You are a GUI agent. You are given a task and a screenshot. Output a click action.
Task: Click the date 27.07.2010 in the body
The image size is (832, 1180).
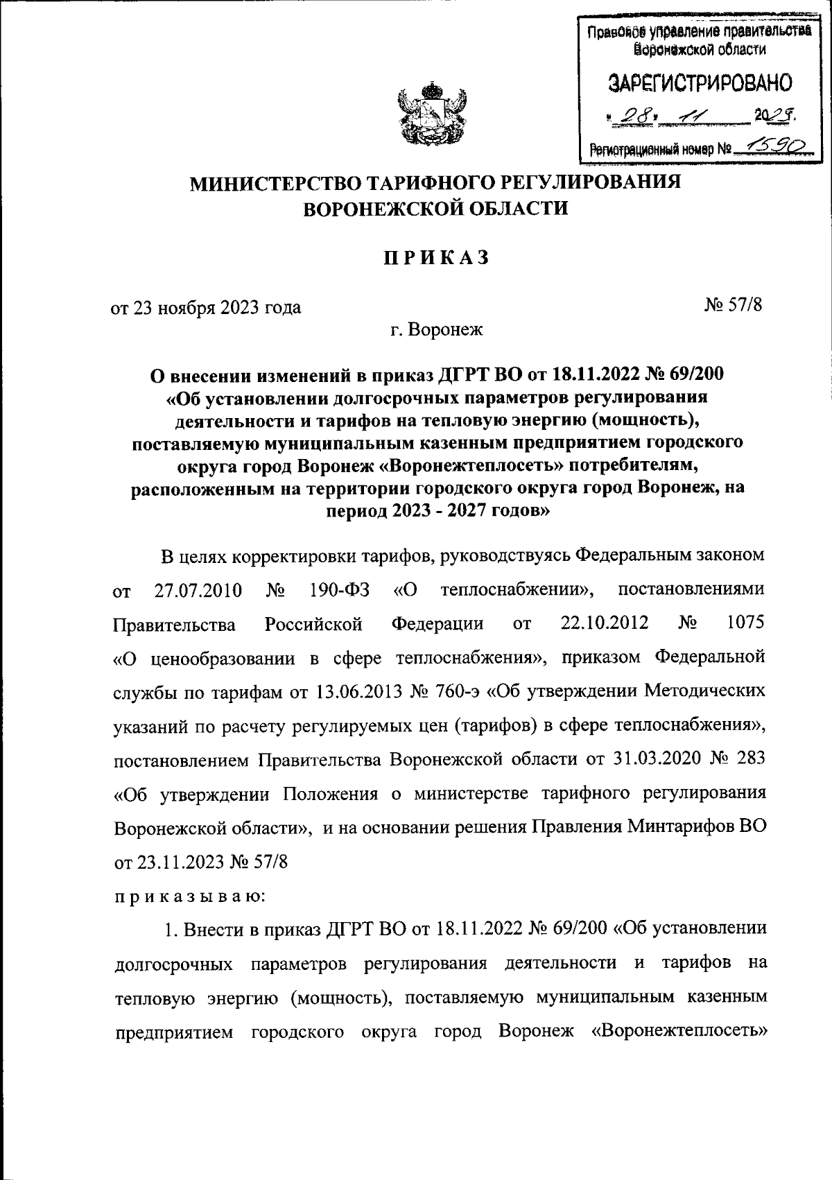198,591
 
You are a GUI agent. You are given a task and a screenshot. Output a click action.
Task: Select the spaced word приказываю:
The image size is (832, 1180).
189,896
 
